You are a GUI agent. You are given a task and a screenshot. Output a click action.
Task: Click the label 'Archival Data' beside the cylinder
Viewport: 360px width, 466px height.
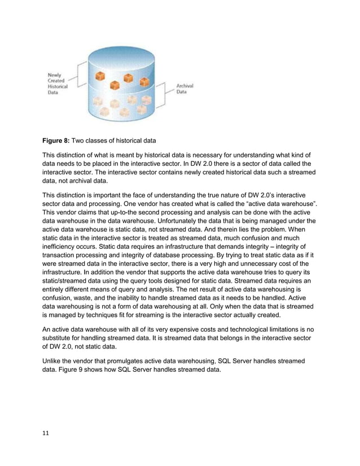(185, 89)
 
